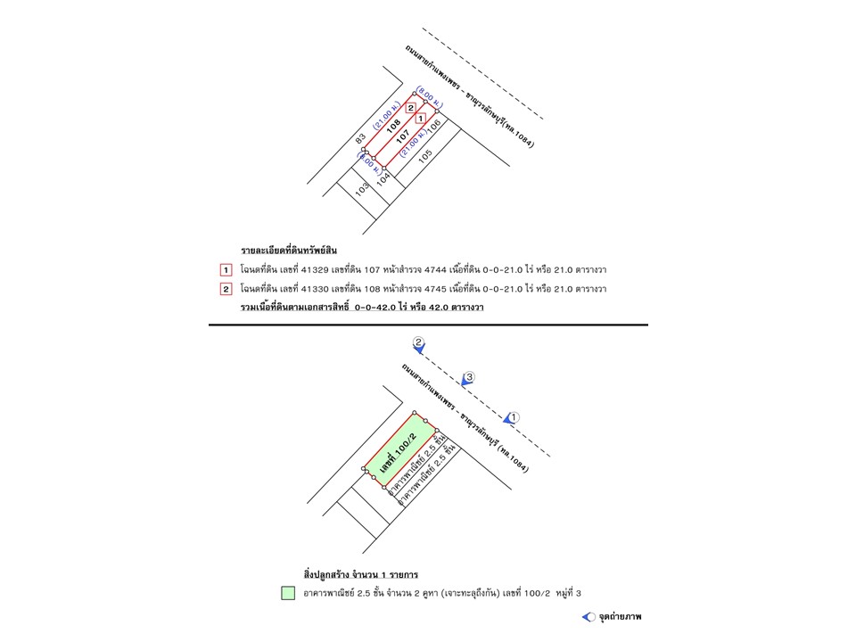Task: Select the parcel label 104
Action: pos(383,177)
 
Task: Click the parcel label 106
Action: pos(434,128)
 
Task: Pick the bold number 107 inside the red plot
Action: pos(403,137)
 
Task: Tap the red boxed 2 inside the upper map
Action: pos(410,108)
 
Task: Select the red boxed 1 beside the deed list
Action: pos(226,269)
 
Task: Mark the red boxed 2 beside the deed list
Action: pos(226,289)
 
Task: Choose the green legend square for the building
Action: pos(288,592)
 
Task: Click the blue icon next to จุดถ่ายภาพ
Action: pos(588,616)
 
